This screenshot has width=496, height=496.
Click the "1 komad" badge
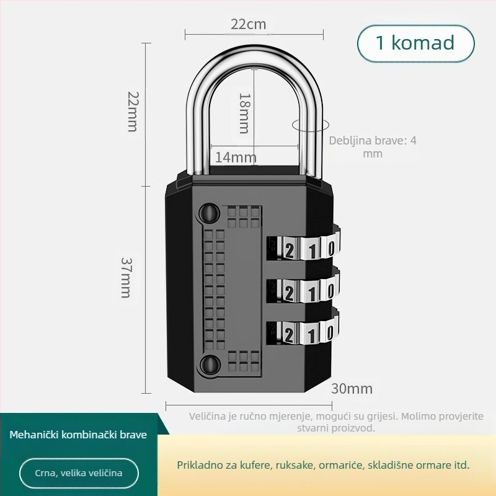click(x=415, y=43)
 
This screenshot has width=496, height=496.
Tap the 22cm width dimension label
click(x=248, y=24)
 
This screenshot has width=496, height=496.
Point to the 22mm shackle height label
click(x=132, y=111)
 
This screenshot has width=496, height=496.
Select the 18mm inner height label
click(x=244, y=113)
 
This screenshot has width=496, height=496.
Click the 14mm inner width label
click(x=236, y=157)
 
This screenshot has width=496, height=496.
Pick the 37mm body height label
click(x=126, y=277)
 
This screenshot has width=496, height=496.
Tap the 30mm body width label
click(x=352, y=389)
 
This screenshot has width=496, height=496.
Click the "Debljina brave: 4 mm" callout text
click(x=373, y=147)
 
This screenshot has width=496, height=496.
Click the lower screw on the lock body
click(x=210, y=364)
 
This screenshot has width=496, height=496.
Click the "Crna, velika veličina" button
click(x=79, y=473)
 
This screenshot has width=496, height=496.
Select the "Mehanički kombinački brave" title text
click(x=79, y=435)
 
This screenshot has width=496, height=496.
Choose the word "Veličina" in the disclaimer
click(x=207, y=416)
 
